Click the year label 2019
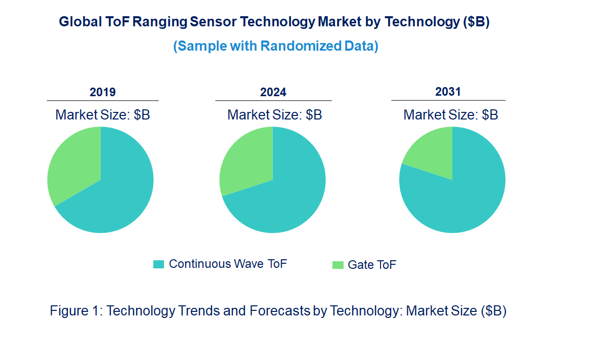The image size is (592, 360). point(103,92)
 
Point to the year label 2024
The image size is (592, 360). point(273,92)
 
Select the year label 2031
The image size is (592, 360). point(448,92)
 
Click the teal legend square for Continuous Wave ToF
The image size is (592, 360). point(159,264)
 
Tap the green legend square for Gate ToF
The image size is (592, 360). point(337,265)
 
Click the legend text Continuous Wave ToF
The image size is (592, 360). point(228,264)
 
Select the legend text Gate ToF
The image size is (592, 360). point(372,265)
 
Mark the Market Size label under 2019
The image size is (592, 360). point(103,115)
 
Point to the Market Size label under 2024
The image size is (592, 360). point(275,115)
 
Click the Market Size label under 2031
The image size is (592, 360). point(450,115)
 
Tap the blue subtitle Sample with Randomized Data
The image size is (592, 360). point(276,46)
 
